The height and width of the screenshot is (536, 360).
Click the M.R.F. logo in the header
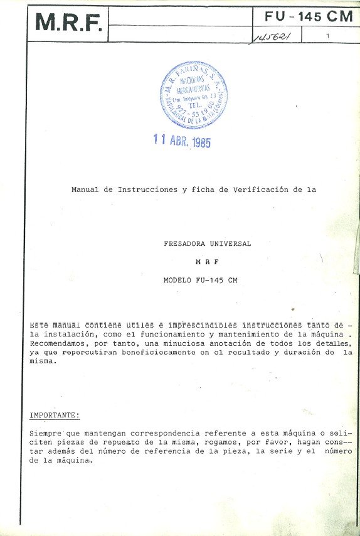pos(68,23)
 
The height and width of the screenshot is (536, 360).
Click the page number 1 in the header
pos(328,37)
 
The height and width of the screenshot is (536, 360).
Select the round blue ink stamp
pos(193,95)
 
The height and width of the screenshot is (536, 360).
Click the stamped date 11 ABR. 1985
pos(183,141)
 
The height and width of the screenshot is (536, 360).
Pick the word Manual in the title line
pos(85,189)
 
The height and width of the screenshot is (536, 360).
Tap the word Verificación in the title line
pos(258,189)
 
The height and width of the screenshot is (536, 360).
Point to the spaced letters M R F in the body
pos(207,262)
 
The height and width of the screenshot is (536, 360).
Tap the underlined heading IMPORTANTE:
pos(55,415)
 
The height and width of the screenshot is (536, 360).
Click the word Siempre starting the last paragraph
pos(45,433)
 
